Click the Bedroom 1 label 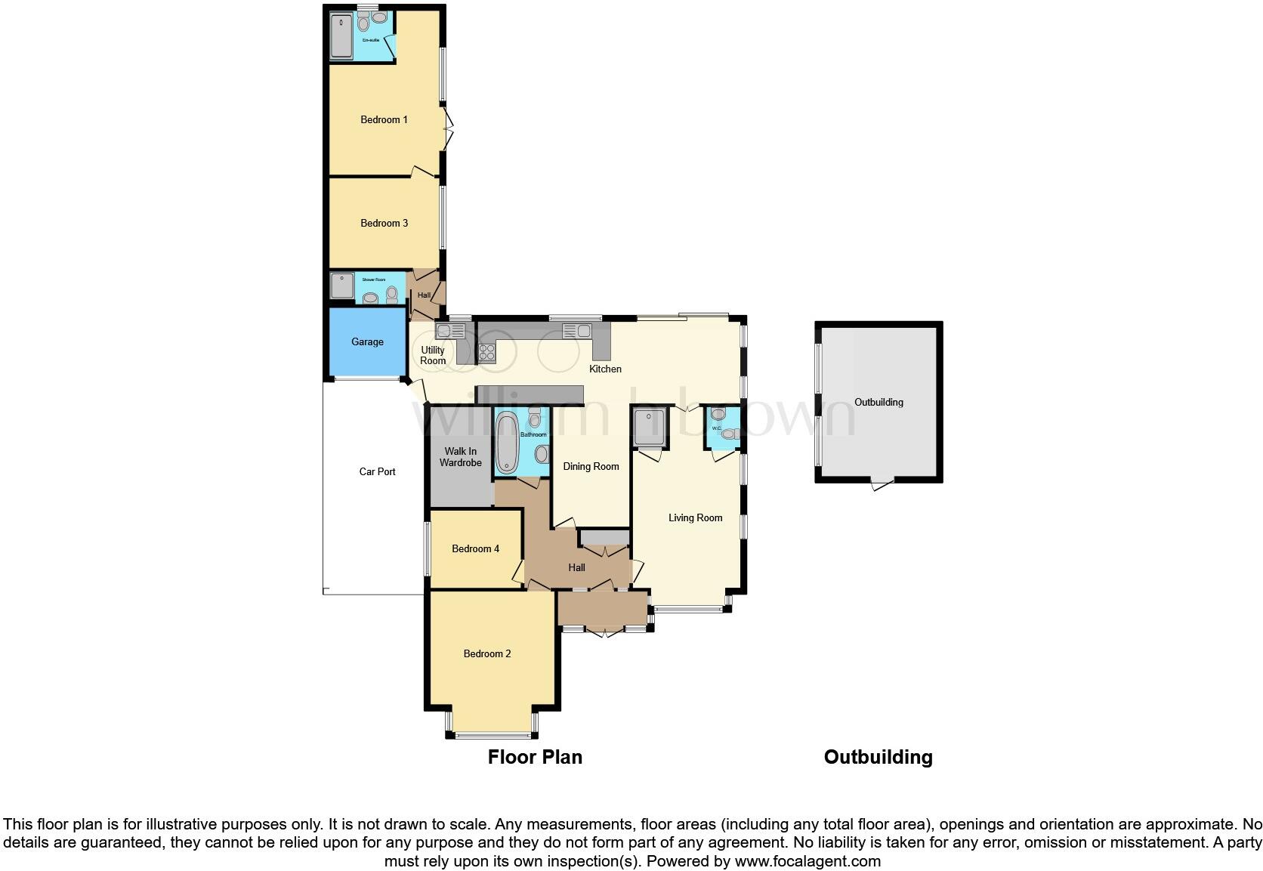tap(384, 119)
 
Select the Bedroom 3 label tap(384, 223)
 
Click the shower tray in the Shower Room tap(342, 286)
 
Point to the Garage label tap(367, 341)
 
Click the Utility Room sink tap(450, 330)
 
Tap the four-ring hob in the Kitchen tap(486, 352)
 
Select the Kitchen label tap(605, 369)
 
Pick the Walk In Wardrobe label tap(460, 457)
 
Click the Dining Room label tap(591, 466)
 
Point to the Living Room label tap(695, 517)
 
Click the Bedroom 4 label tap(475, 548)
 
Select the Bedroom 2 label tap(487, 653)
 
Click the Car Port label tap(377, 471)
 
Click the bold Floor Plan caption tap(535, 757)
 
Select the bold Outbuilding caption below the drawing tap(878, 757)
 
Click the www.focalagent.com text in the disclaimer tap(807, 861)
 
